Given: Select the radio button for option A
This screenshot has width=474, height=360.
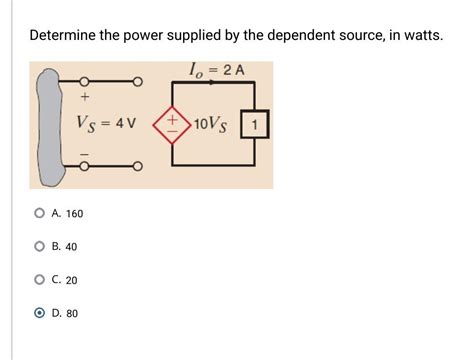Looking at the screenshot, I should [39, 213].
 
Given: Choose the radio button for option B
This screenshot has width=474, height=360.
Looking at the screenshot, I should [39, 246].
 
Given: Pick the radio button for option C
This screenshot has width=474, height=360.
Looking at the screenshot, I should [39, 280].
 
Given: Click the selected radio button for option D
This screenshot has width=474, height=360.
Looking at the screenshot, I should [39, 313].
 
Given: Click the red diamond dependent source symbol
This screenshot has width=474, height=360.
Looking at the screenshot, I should [171, 125].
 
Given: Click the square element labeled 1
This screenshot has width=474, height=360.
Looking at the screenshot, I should [257, 125].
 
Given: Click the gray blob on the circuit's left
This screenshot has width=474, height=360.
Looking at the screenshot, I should [45, 125].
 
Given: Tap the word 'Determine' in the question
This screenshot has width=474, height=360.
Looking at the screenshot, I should [65, 36].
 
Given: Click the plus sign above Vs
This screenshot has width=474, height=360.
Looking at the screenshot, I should [84, 98].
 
